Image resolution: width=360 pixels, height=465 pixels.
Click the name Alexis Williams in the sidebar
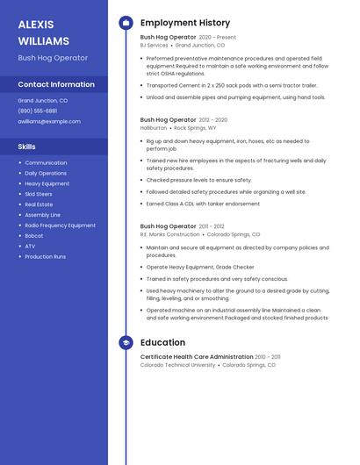(43, 32)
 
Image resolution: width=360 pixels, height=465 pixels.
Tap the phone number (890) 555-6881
(38, 111)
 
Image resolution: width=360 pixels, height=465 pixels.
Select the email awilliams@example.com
(43, 121)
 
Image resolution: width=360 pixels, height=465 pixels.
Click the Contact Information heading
(56, 84)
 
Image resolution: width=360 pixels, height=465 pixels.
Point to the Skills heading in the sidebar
(27, 147)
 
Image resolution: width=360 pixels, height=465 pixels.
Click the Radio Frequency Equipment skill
(60, 225)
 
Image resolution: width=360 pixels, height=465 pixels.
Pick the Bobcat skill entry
(33, 236)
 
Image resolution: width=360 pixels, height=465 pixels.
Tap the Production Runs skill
(45, 256)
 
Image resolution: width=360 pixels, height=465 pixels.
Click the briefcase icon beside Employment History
(126, 23)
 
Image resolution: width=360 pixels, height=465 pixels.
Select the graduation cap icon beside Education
(126, 342)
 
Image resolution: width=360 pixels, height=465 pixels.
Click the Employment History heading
(185, 23)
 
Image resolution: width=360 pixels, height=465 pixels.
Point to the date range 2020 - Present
(218, 38)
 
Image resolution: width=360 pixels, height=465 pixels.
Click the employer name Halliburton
(154, 127)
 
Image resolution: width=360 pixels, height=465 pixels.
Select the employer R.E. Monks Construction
(170, 234)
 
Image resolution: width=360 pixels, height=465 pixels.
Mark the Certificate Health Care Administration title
(197, 357)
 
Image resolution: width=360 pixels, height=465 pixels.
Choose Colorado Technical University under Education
(177, 365)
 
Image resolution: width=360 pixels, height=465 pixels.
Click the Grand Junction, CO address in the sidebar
(42, 101)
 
